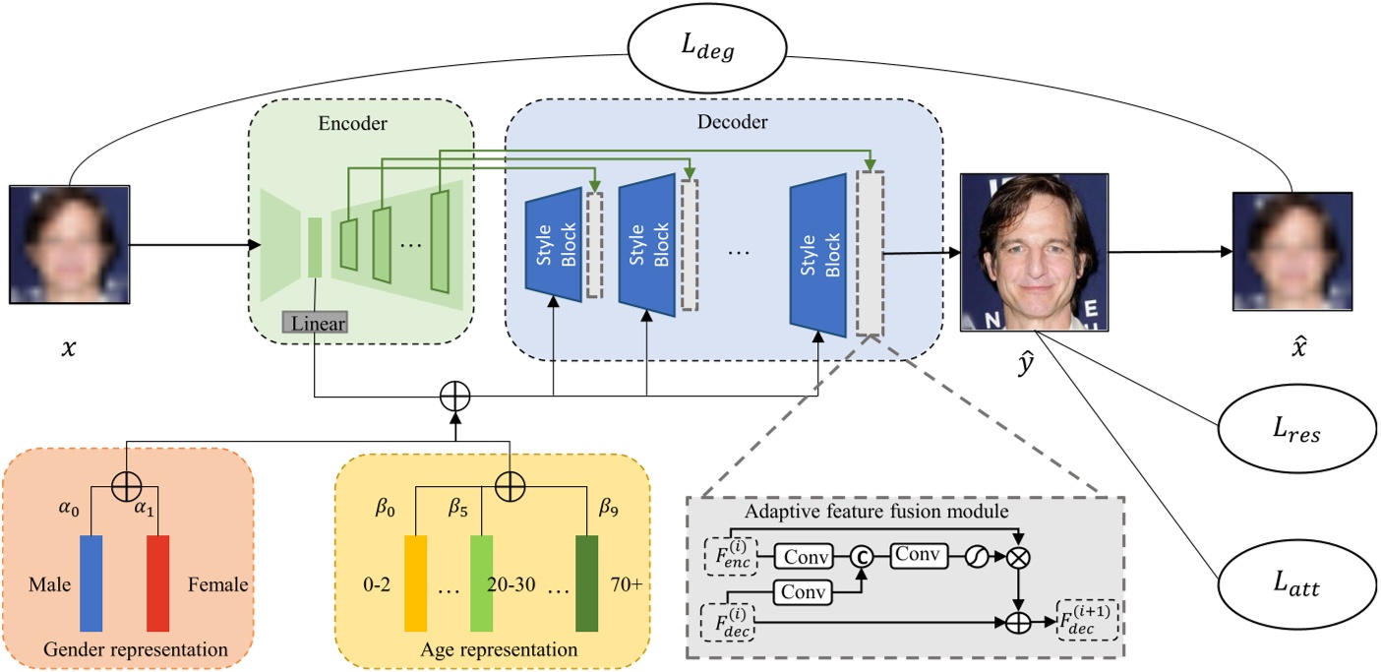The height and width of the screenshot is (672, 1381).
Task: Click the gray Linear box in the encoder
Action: [x=315, y=322]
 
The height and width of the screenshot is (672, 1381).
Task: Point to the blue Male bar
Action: [x=91, y=582]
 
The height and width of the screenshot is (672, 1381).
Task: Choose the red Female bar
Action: [x=157, y=582]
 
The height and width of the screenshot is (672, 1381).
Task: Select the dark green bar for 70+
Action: [x=587, y=582]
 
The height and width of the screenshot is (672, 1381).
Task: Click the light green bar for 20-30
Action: [x=480, y=582]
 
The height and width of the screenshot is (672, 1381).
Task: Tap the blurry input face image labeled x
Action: [x=70, y=244]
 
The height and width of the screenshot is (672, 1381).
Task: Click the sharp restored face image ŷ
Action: [x=1034, y=252]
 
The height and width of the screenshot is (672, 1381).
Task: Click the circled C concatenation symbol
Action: [x=862, y=557]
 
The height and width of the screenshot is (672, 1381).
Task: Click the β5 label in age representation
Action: [x=459, y=510]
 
